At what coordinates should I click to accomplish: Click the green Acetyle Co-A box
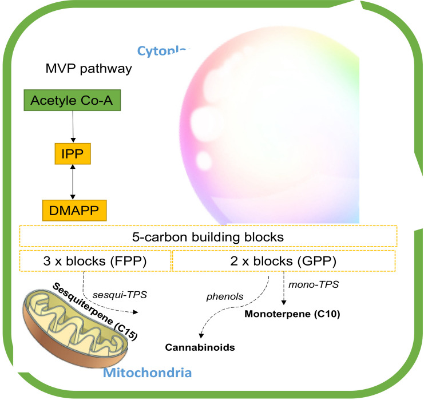[72, 101]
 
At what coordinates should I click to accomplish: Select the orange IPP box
[72, 155]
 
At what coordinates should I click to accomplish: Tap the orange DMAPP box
[74, 210]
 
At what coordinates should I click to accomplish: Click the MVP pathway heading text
[89, 70]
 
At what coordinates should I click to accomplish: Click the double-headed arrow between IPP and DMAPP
[73, 183]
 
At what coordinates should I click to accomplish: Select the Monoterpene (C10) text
[292, 314]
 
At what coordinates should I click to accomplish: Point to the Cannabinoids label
[200, 347]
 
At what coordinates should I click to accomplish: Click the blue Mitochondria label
[148, 374]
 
